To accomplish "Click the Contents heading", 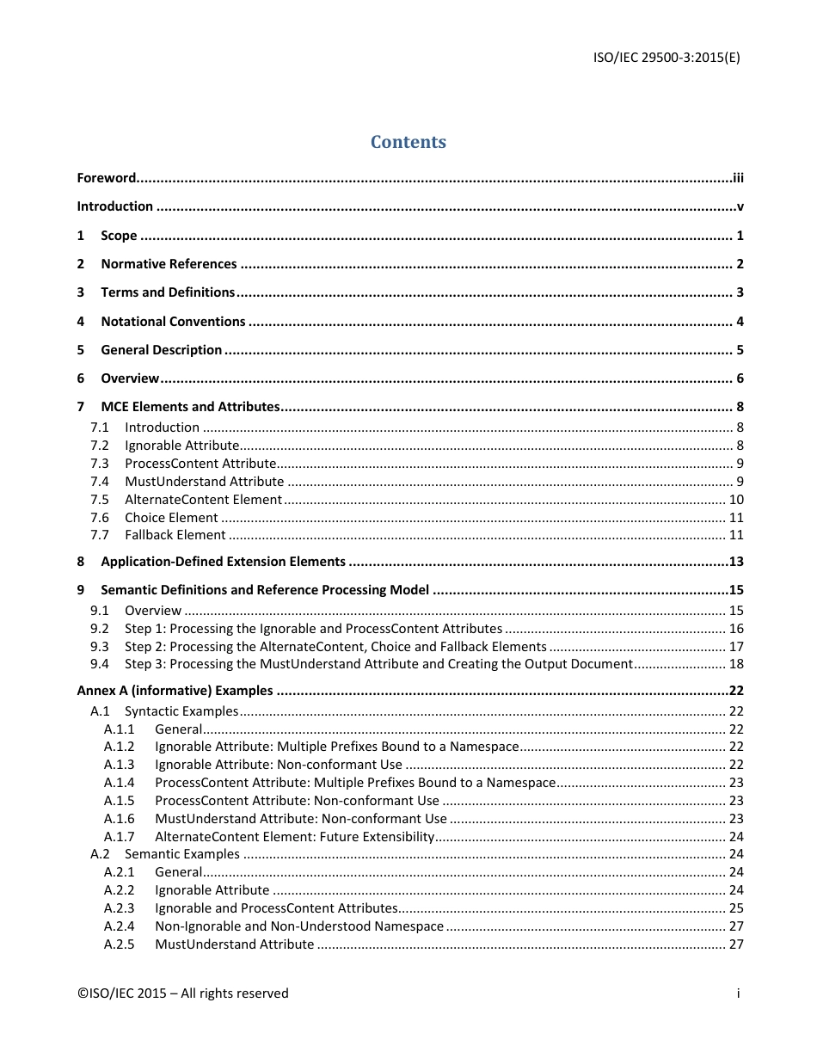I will pos(408,142).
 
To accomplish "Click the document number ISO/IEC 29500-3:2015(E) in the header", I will pos(666,58).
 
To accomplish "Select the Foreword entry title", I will pos(107,178).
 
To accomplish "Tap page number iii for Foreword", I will pos(738,178).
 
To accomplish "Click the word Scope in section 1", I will pos(119,236).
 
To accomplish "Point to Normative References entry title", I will pos(169,264).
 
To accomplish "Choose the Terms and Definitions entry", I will pos(168,292).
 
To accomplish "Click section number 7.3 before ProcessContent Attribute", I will pos(100,464).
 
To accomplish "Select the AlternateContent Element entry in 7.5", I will pos(203,500).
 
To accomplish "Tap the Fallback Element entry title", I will pos(175,535).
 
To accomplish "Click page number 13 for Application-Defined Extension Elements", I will pos(736,562).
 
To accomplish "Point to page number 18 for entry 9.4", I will pos(736,664).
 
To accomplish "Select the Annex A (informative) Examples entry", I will pos(175,691).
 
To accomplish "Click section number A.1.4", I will pos(120,783).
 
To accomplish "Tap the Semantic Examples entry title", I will pos(182,854).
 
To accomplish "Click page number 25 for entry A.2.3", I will pos(736,908).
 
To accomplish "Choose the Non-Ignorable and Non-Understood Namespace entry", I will pos(299,926).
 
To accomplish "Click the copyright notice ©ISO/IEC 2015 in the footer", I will pos(183,993).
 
